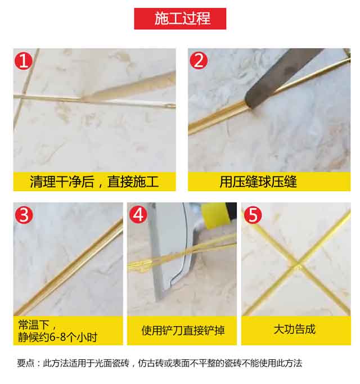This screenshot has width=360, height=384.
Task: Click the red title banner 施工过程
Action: point(180,18)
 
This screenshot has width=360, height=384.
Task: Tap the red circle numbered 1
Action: point(24,60)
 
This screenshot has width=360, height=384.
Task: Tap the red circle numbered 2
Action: point(198,60)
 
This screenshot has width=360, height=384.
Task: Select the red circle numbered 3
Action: point(24,214)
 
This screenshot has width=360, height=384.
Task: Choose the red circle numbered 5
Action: point(252,214)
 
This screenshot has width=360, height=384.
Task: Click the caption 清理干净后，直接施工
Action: point(94,182)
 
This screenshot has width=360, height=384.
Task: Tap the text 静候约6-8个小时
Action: point(57,337)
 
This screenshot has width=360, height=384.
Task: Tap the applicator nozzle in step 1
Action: point(112,93)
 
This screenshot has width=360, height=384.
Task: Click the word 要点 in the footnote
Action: point(26,363)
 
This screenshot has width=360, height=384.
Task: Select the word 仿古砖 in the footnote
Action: point(162,363)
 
